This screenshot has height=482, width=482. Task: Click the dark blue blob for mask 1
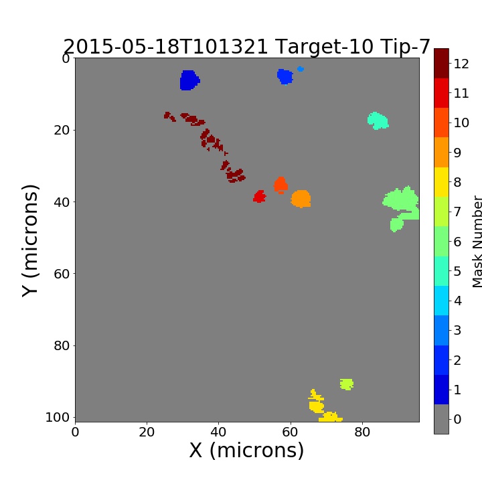point(189,80)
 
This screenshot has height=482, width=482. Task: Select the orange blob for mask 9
point(301,199)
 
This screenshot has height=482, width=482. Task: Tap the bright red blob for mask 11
point(260,196)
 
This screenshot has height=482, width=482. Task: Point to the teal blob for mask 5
point(378,120)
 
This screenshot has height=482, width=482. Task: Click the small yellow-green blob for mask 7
point(347,384)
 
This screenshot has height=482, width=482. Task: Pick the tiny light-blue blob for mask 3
point(301,69)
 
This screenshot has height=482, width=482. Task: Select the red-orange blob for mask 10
point(280,185)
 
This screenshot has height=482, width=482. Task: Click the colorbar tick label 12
point(461,64)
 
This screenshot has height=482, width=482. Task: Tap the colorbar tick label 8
point(457,182)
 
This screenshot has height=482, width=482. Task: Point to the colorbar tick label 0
point(457,419)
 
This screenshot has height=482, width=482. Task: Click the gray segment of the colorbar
point(441,419)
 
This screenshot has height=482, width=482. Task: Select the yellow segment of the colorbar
point(441,182)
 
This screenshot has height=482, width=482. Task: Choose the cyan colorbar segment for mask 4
point(441,301)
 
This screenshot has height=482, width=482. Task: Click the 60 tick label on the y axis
point(62,274)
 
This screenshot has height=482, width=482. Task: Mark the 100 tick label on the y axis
point(58,417)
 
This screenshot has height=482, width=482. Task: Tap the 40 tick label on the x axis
point(218,432)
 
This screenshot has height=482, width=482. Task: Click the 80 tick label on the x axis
point(362,432)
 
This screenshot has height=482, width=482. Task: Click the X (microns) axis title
point(246,451)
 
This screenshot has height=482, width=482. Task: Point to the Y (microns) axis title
point(30,241)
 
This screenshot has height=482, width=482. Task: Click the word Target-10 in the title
point(325,48)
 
